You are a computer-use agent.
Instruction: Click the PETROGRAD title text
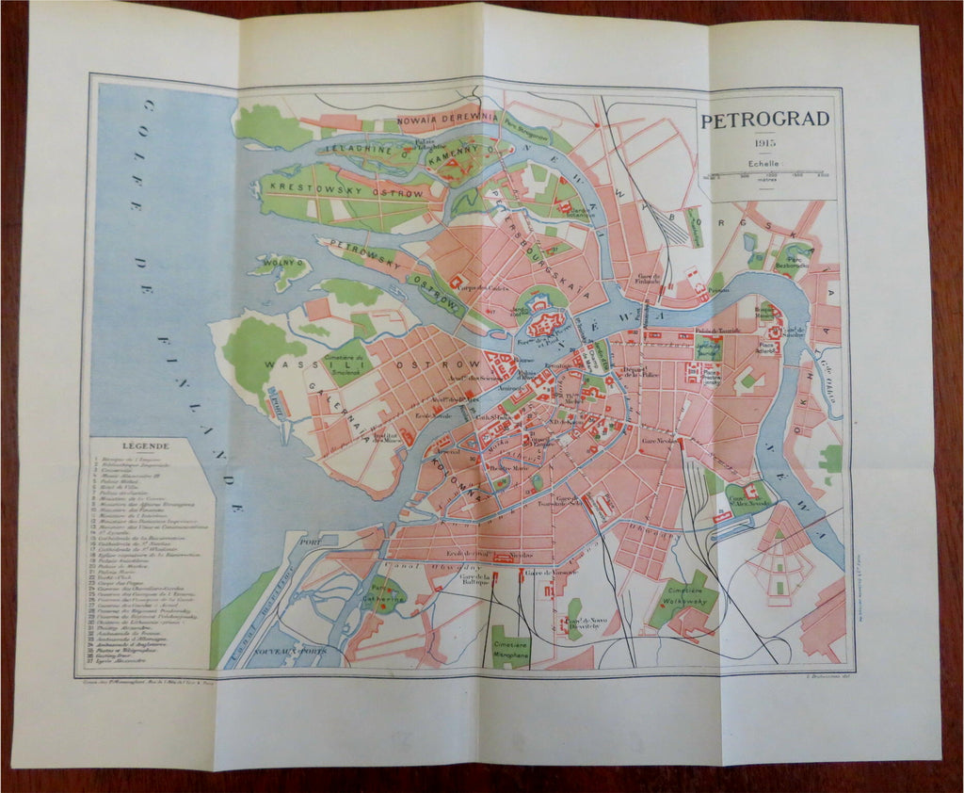pyautogui.click(x=764, y=119)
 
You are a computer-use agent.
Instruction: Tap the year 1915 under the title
pyautogui.click(x=763, y=143)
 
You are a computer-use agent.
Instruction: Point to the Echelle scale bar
pyautogui.click(x=764, y=174)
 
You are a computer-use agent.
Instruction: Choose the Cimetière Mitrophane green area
pyautogui.click(x=510, y=647)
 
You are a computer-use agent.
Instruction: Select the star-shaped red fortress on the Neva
pyautogui.click(x=544, y=325)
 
